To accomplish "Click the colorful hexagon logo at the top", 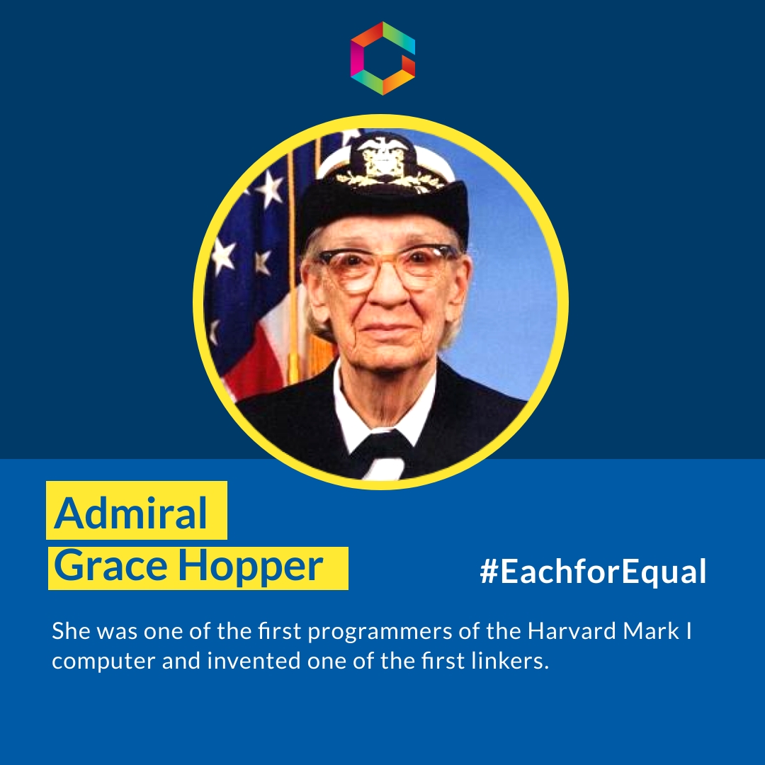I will point(382,58).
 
